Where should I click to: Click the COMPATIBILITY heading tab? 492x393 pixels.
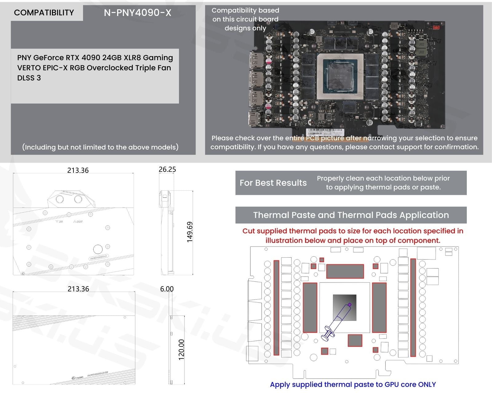[44, 13]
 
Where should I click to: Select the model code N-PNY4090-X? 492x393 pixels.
[137, 13]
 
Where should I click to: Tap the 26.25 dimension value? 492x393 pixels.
[167, 169]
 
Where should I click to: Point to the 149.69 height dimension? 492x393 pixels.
[190, 232]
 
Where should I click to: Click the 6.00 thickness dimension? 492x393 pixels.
[167, 289]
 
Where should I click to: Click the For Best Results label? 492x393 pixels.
[273, 183]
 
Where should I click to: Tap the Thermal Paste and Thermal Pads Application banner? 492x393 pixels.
[351, 215]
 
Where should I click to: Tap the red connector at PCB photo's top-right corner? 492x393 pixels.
[436, 27]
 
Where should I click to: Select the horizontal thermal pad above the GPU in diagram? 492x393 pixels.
[345, 271]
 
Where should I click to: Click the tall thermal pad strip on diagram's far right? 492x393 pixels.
[413, 307]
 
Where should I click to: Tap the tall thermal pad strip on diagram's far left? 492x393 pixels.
[276, 307]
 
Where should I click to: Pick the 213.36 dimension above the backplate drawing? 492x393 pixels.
[78, 289]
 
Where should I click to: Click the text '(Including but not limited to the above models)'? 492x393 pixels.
[100, 147]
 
